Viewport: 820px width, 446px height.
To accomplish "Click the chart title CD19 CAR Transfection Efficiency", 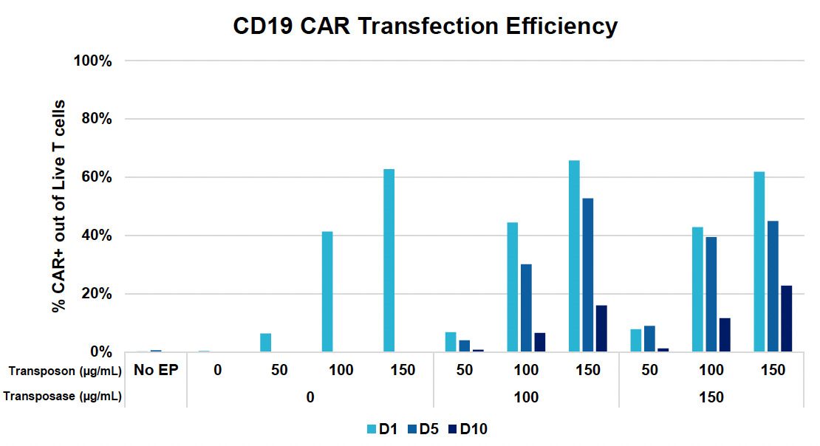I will coord(425,27).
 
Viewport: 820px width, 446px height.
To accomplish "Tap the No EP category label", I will coord(155,370).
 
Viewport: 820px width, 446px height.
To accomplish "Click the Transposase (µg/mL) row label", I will coord(62,397).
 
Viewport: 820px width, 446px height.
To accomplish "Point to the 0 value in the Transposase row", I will coord(310,397).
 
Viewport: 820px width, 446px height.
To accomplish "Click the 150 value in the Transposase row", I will coord(711,397).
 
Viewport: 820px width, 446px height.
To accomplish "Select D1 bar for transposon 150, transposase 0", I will coord(389,261).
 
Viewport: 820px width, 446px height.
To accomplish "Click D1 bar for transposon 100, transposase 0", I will coord(327,292).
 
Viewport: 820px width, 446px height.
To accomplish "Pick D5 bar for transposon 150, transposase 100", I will coord(588,275).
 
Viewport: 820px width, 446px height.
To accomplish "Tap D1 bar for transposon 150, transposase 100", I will coord(574,256).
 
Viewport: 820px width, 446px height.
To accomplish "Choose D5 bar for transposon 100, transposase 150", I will coord(711,295).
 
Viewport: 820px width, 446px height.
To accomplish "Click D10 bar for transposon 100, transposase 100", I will coord(539,343).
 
